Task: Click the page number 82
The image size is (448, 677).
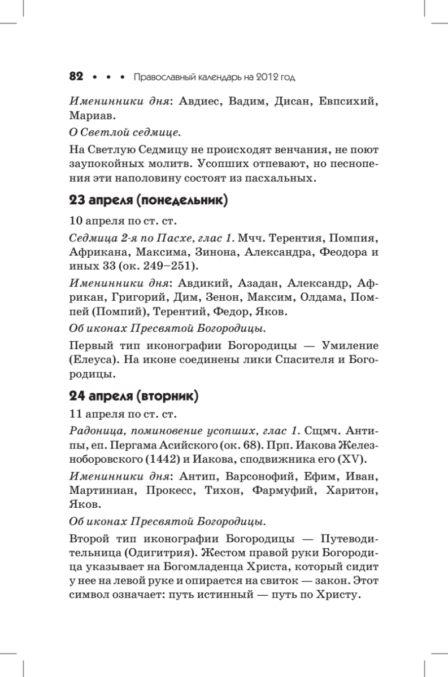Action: tap(76, 76)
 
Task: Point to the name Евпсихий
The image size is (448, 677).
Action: tap(349, 103)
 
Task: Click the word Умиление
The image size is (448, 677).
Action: tap(350, 345)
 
